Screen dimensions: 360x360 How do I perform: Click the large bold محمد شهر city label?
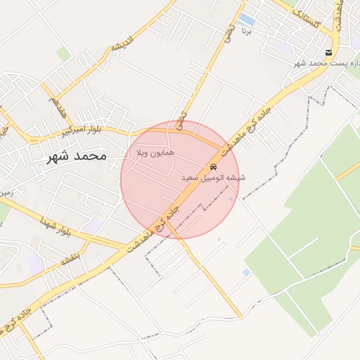pos(76,155)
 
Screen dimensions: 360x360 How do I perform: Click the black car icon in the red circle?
pos(212,167)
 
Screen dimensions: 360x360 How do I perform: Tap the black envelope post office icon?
pos(328,53)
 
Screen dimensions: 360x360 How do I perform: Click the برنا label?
pos(246,32)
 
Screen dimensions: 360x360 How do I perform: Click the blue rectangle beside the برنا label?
pos(246,20)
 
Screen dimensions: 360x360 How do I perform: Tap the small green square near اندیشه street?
pos(64,53)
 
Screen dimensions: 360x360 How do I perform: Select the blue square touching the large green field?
pos(246,272)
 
